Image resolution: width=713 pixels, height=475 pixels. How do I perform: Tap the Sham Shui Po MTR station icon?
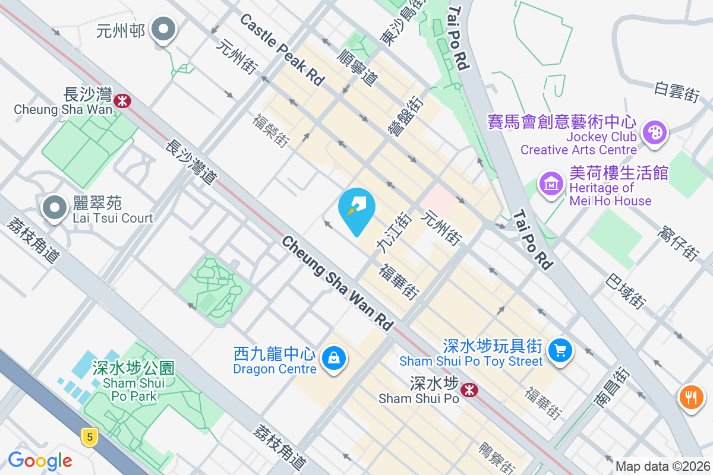470,390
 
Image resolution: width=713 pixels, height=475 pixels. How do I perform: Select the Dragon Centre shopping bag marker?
334,359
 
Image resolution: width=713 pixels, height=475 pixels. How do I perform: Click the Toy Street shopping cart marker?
559,349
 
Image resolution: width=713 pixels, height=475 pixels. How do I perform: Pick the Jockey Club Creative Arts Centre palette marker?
655,132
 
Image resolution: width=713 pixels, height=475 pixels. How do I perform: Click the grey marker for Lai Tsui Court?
56,208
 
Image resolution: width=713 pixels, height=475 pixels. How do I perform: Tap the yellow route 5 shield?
89,438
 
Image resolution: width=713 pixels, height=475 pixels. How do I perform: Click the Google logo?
40,460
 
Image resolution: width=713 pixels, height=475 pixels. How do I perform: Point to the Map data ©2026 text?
662,467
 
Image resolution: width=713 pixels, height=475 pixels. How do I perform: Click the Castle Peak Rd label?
282,50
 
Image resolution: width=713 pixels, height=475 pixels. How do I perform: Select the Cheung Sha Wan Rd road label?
337,283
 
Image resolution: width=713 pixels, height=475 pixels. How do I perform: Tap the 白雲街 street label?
677,92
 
